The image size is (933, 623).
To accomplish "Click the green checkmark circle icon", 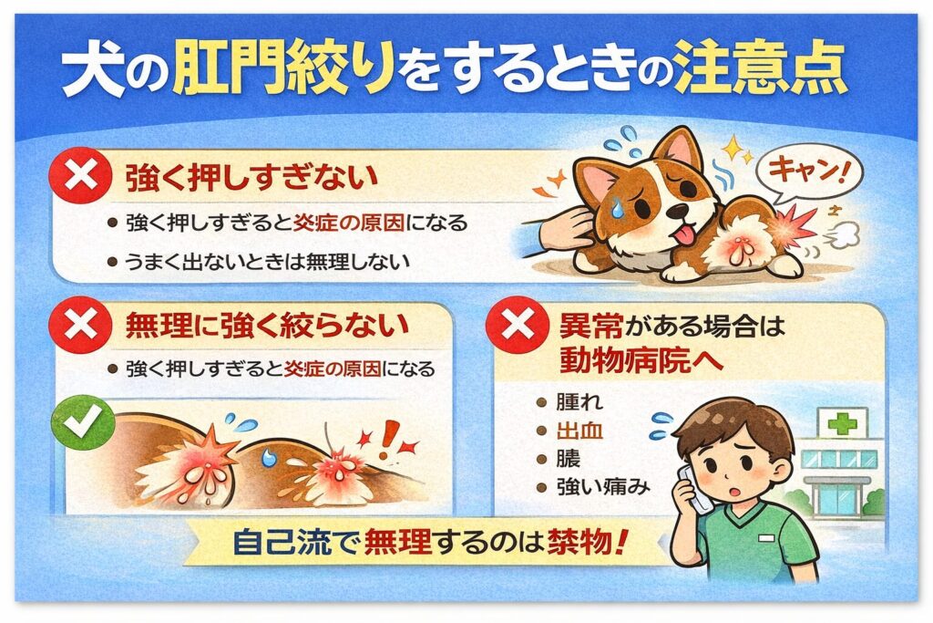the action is (83, 422).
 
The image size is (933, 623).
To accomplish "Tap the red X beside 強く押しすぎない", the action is (80, 176).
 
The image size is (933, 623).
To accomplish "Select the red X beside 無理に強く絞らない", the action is (80, 326).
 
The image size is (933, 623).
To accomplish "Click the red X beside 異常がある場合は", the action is (518, 326).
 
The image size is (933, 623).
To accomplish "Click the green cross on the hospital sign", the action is (843, 424).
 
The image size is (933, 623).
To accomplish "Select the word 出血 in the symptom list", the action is (579, 431).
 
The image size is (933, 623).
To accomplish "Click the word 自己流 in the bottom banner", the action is (282, 542).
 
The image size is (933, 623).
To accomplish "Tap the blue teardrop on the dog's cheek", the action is (619, 207).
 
